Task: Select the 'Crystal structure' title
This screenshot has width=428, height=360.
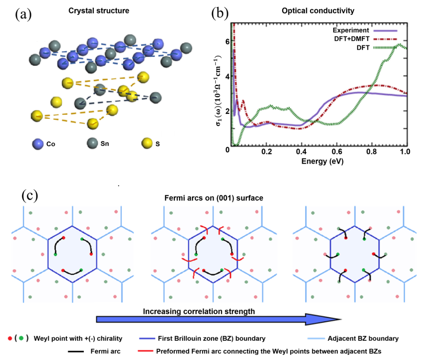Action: (x=99, y=11)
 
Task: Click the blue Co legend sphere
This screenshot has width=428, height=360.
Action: (x=37, y=144)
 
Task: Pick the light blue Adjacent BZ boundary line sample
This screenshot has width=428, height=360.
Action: (x=316, y=338)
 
